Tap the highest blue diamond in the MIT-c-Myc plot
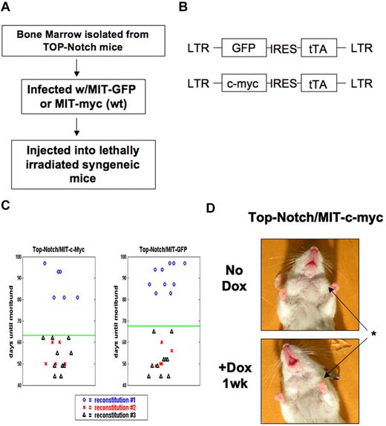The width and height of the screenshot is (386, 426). coord(45,263)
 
